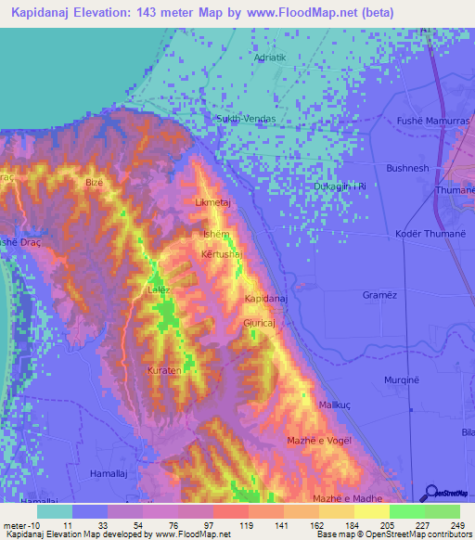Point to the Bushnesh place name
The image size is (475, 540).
click(x=407, y=168)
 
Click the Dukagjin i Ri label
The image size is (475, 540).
click(x=340, y=186)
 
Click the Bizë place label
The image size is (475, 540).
click(x=94, y=183)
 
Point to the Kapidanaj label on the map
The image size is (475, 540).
click(x=266, y=298)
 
